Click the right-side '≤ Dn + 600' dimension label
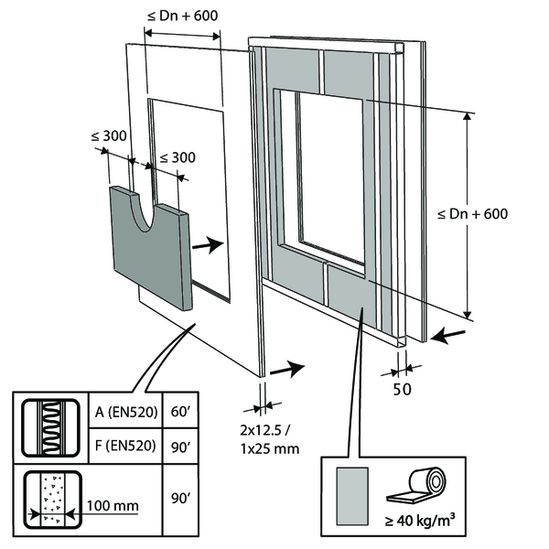472,214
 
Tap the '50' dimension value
402,387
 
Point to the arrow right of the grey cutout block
210,244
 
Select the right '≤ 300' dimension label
177,156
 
